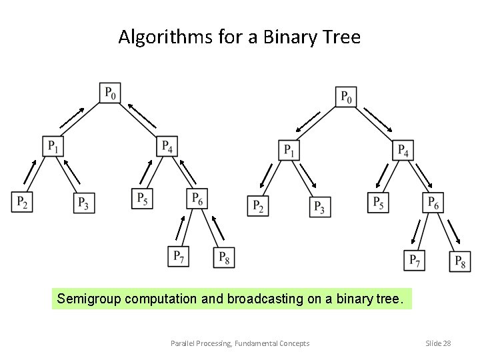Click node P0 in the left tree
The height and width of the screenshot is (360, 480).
[x=111, y=93]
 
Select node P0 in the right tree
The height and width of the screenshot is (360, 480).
[x=346, y=96]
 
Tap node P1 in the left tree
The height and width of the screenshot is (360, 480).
[x=53, y=146]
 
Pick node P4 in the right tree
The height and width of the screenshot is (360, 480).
[x=403, y=150]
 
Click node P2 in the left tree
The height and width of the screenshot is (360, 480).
[x=22, y=202]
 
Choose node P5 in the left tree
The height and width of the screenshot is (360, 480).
[x=142, y=199]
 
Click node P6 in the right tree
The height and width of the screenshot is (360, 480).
[x=433, y=202]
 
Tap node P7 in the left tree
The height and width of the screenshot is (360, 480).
[x=179, y=257]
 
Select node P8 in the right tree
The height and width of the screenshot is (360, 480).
[x=461, y=261]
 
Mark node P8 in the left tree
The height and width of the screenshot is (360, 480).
[x=224, y=257]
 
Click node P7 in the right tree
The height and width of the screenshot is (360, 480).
[x=414, y=260]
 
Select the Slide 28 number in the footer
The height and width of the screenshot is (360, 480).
[x=438, y=343]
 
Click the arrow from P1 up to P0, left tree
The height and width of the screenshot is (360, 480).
[x=73, y=117]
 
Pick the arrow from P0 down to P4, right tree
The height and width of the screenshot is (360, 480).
[x=378, y=120]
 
